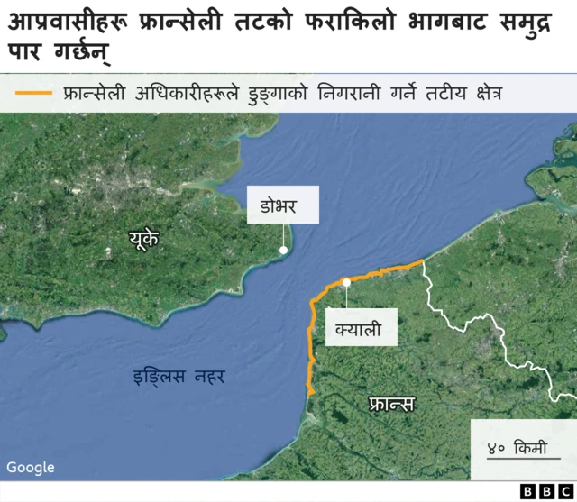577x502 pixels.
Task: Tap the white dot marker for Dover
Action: (x=284, y=250)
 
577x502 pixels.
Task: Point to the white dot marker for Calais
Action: (x=346, y=283)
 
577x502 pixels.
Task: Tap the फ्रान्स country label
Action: (x=391, y=403)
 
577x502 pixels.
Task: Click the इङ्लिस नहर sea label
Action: (x=179, y=375)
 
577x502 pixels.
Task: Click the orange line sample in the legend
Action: (x=34, y=93)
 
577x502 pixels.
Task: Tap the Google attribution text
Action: (x=31, y=467)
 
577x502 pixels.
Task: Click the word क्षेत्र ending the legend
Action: (x=481, y=93)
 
